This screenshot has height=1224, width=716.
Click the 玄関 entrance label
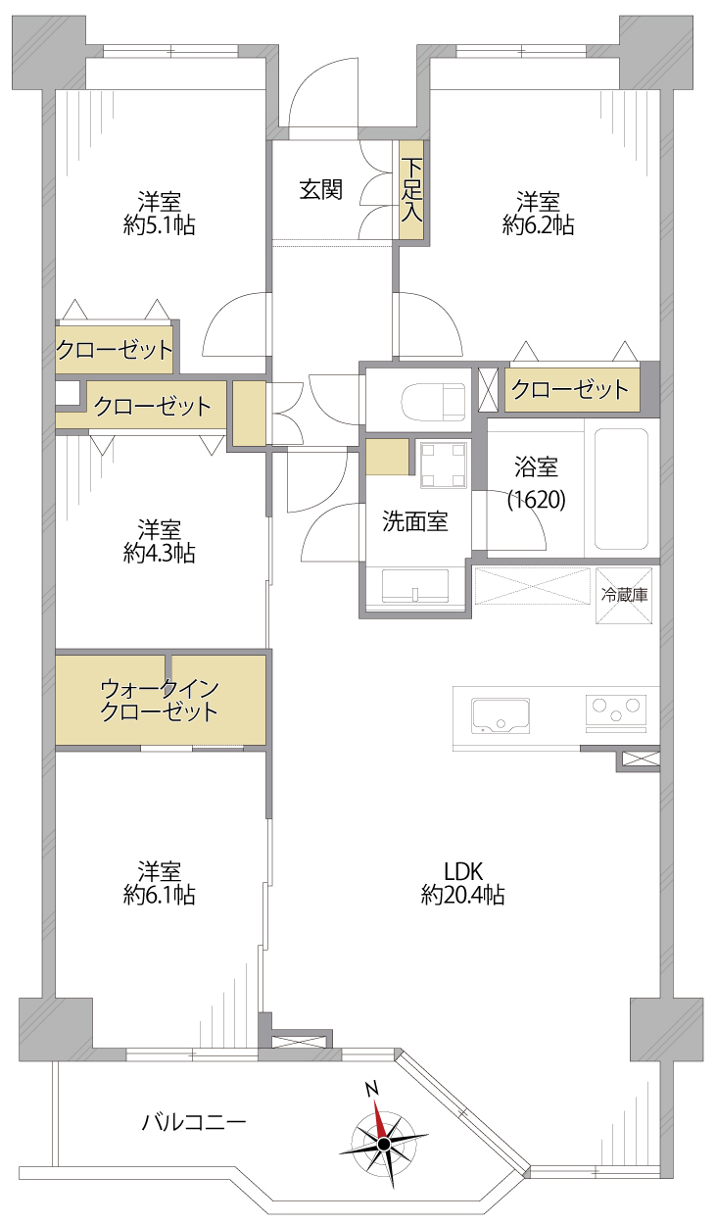click(320, 189)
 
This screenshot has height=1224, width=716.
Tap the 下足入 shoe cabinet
click(410, 190)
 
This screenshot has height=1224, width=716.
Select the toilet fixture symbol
click(433, 401)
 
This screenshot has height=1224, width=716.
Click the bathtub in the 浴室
click(621, 488)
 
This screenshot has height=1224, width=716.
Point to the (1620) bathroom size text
click(537, 500)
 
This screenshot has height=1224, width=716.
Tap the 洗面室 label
click(415, 521)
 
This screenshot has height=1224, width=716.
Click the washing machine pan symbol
click(445, 464)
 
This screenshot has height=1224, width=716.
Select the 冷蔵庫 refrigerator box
click(624, 596)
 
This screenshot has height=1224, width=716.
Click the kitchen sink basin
click(501, 715)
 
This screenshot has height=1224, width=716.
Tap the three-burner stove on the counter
click(616, 712)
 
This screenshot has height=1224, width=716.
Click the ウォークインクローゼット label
click(159, 701)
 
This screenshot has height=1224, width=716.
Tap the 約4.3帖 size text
click(159, 554)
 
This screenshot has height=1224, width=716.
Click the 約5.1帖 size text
click(159, 225)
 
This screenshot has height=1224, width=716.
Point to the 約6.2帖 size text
click(538, 225)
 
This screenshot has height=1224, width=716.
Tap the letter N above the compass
click(372, 1089)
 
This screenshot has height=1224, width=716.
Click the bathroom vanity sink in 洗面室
click(415, 586)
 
